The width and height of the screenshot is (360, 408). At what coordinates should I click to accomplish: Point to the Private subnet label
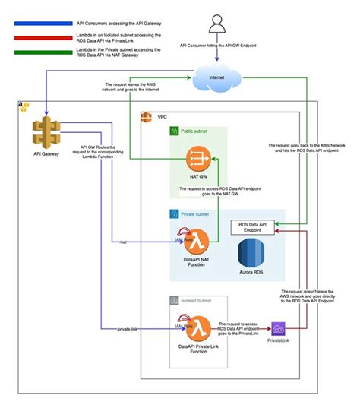click(195, 215)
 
